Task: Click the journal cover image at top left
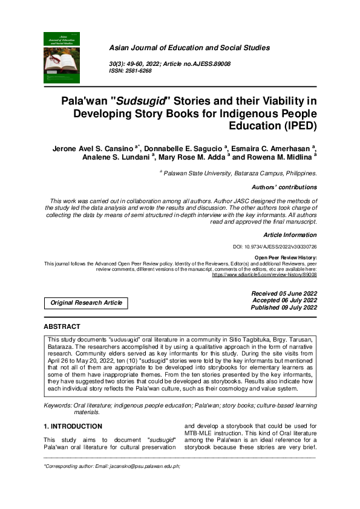(62, 57)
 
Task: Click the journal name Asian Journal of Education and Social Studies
(189, 48)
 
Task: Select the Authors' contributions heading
(284, 187)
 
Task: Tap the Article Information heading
(290, 234)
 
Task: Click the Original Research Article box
(86, 303)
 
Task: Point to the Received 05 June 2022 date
(284, 293)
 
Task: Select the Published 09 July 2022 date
(284, 308)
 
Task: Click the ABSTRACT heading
(62, 326)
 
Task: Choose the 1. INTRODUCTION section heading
(76, 426)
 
